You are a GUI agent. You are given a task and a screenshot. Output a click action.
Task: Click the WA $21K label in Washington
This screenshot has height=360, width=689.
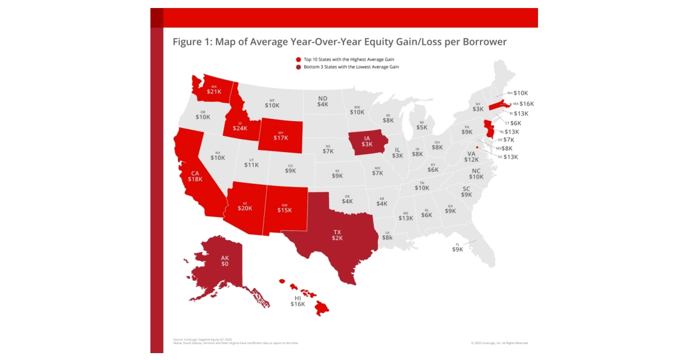coord(214,89)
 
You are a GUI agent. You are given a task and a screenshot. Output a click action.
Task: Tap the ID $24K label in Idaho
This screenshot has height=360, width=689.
coord(239,125)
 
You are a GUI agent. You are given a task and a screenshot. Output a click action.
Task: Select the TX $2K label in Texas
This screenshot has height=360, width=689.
coord(337,234)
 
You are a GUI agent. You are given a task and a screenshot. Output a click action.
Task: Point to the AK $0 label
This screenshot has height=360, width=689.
coord(225,261)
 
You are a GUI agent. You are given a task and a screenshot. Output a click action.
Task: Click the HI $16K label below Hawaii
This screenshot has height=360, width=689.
coord(297,301)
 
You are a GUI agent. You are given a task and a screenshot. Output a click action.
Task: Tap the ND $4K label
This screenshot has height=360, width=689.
coord(323,101)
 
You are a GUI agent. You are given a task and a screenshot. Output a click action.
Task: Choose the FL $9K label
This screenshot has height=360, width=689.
coord(457,247)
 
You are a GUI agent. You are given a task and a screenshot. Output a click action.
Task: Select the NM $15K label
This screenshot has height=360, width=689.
coord(285,207)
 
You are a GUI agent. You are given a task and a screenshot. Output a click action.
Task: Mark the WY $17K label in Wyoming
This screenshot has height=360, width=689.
coord(281,134)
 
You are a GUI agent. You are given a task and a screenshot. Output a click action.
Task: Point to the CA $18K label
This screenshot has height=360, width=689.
coord(195,176)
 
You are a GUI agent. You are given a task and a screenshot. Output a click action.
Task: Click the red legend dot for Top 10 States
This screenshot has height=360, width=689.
coord(298,59)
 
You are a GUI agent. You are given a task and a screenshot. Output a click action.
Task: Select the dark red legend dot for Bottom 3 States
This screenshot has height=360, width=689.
coord(298,67)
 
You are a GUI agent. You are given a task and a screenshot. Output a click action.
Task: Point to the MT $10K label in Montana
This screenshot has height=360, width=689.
coord(272,103)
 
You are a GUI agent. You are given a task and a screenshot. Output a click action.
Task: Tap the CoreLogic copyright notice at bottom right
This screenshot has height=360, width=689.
coord(500,343)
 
